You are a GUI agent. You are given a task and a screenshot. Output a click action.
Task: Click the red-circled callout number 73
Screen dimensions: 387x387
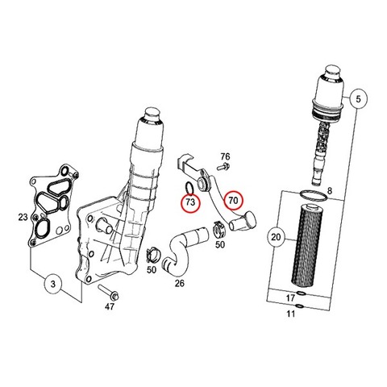click(x=190, y=202)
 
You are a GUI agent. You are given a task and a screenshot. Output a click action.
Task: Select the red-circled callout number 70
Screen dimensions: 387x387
click(x=233, y=200)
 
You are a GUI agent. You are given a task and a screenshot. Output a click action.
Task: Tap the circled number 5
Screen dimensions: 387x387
click(x=358, y=99)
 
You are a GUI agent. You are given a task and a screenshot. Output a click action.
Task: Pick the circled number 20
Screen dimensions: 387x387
click(x=276, y=237)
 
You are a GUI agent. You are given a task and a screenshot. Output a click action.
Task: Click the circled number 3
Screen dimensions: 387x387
click(x=53, y=284)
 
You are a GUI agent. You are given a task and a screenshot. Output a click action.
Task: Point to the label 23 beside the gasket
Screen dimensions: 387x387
click(x=23, y=217)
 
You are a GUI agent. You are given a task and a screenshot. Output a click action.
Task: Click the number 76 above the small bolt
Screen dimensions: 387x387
click(x=225, y=156)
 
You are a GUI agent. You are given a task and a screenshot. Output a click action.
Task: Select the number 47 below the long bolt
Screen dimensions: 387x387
click(x=110, y=306)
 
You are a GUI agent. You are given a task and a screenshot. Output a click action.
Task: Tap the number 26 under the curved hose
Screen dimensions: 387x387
click(x=180, y=283)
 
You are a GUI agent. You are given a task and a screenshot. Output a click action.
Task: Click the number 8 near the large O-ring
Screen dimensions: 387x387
click(x=330, y=191)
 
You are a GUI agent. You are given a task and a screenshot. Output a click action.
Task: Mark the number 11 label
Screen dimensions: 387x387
click(x=290, y=314)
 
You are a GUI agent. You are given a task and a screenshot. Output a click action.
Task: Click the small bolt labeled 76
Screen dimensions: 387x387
click(x=223, y=167)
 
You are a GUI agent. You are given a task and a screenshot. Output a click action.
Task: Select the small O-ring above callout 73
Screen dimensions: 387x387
click(x=189, y=188)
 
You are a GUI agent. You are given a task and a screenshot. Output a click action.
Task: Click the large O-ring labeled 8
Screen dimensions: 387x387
click(x=314, y=195)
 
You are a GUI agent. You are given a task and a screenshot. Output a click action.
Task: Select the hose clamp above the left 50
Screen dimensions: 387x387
click(x=153, y=254)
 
